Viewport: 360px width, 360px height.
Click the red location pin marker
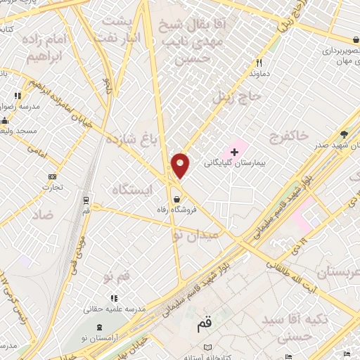(x=181, y=165)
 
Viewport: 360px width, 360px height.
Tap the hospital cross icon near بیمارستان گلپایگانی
(x=235, y=151)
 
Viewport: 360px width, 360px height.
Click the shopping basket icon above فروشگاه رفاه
(x=176, y=198)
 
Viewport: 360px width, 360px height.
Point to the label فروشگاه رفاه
(x=174, y=209)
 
